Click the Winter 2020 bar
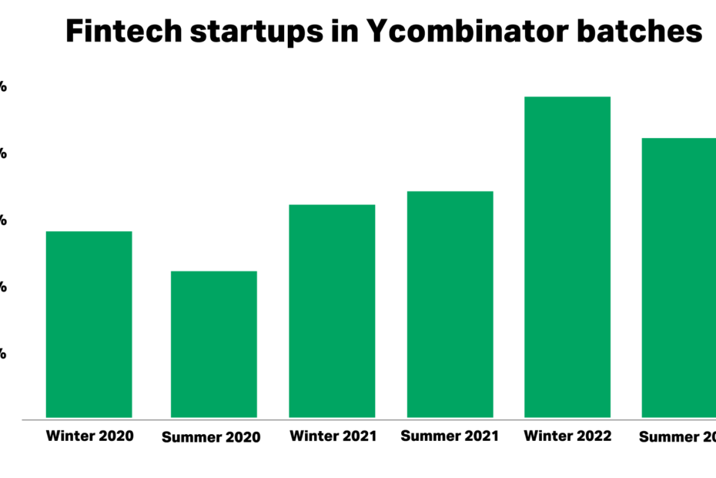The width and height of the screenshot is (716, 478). pos(89,324)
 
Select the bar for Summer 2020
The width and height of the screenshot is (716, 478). pos(213,344)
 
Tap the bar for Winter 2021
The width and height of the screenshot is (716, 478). pos(332,311)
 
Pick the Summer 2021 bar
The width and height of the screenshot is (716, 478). pos(450,304)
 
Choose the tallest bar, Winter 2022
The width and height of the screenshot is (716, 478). pos(567,257)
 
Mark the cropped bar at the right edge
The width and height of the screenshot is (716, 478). pos(679,278)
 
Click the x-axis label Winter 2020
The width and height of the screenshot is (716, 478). pos(89,436)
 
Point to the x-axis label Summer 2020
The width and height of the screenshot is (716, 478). pos(211,437)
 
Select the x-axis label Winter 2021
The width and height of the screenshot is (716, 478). pos(333,436)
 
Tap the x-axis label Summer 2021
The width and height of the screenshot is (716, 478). pos(450,436)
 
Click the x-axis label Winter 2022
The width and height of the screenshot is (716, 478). pos(567,436)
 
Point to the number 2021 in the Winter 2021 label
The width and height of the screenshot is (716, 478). pos(358,436)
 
